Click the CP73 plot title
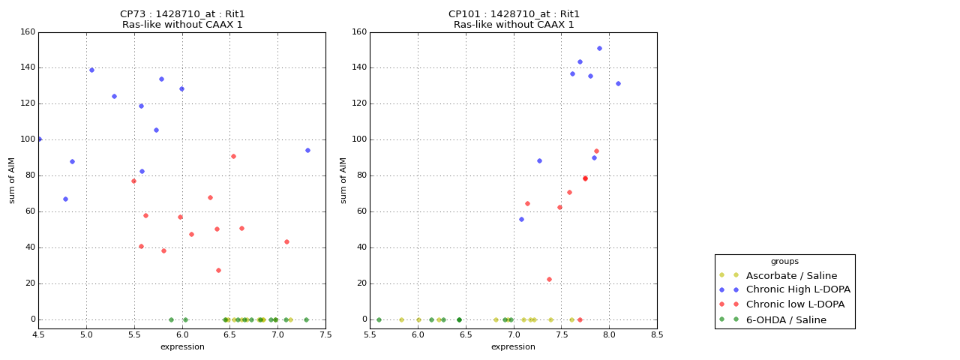tap(182, 19)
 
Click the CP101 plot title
tap(514, 19)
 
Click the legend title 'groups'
tap(784, 262)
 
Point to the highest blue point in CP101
tap(599, 48)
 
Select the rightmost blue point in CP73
tap(307, 150)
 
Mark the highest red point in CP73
tap(233, 156)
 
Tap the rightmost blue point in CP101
tap(618, 83)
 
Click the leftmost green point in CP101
tap(379, 319)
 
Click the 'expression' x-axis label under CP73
tap(182, 346)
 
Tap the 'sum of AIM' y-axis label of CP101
tap(344, 180)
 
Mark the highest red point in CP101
tap(596, 151)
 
